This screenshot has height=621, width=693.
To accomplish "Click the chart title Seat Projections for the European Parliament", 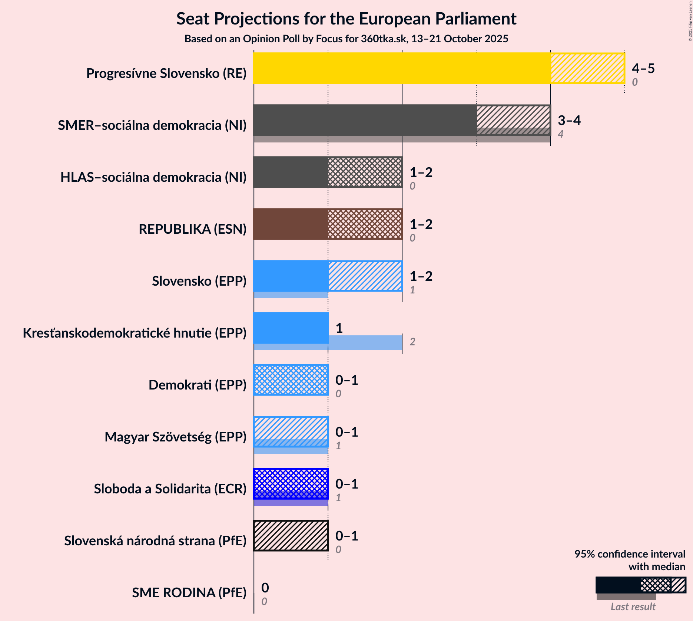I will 346,19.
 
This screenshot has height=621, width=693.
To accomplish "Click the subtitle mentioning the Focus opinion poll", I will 346,39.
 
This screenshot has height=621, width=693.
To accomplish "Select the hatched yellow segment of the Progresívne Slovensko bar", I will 587,68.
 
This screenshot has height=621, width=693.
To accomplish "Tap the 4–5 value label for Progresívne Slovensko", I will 643,68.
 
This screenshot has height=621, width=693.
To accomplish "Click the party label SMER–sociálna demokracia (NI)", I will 152,125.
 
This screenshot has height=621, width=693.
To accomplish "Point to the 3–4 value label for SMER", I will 569,120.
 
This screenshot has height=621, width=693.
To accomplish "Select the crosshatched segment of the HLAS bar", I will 365,172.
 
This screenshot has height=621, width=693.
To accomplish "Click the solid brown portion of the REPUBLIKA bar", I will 291,224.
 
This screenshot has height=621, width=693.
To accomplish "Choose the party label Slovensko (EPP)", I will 199,281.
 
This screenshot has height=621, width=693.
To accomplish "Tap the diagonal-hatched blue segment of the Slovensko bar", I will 365,276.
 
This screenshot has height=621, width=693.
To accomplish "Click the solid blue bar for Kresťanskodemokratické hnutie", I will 291,328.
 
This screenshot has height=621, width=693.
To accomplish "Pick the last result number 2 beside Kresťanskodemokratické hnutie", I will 412,342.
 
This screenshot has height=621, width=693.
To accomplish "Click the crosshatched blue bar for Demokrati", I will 291,380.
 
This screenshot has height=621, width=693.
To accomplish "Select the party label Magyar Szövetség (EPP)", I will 175,437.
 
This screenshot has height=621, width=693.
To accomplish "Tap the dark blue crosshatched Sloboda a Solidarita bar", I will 291,484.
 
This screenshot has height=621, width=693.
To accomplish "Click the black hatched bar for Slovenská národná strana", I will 291,536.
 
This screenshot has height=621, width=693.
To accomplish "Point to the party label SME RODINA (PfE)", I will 189,593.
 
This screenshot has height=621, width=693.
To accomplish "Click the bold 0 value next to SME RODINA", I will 265,588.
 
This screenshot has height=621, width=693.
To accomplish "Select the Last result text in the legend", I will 633,607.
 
